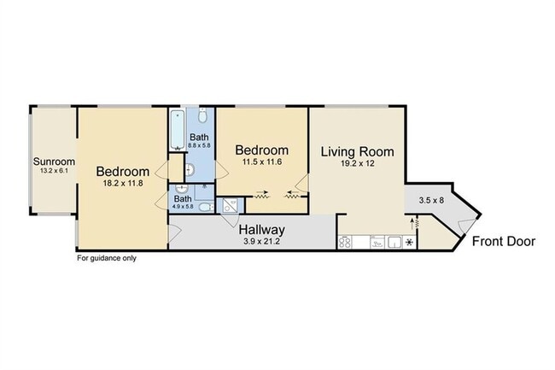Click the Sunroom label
click(54, 162)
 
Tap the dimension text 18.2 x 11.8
click(123, 184)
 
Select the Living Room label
click(357, 152)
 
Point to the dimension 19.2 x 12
click(358, 163)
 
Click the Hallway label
click(261, 230)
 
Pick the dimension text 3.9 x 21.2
click(261, 242)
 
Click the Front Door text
click(504, 242)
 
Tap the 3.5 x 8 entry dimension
click(431, 201)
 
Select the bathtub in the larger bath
click(178, 130)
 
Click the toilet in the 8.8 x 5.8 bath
click(202, 115)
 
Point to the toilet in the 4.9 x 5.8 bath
click(206, 207)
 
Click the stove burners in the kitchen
click(345, 243)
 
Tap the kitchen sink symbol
click(394, 243)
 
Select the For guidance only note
click(107, 258)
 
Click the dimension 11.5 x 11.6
click(262, 162)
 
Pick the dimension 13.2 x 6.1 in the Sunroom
click(54, 171)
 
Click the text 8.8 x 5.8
click(199, 145)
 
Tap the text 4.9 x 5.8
click(183, 207)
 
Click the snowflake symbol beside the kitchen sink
click(410, 243)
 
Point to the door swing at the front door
click(466, 225)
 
